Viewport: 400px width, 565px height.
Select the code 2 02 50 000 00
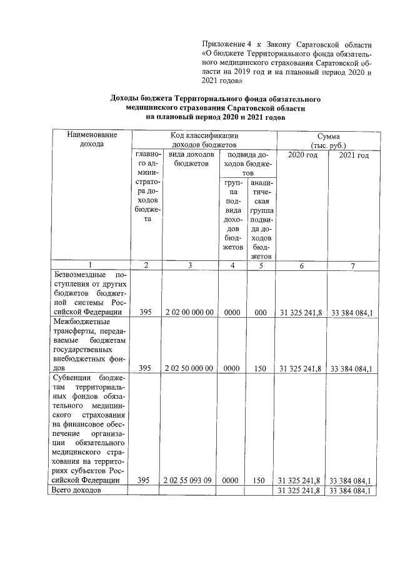tap(189, 368)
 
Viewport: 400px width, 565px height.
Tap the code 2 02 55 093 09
tap(189, 480)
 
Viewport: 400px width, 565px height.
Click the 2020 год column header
tap(302, 155)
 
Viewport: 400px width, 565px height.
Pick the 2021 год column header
tap(353, 155)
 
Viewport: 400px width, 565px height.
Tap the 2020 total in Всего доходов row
tap(301, 491)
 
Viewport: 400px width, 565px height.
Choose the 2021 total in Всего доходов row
tap(352, 491)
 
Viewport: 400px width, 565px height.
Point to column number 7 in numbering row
tap(352, 265)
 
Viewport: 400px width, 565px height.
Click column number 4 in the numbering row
tap(232, 265)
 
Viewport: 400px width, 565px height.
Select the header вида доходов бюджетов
tap(189, 159)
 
